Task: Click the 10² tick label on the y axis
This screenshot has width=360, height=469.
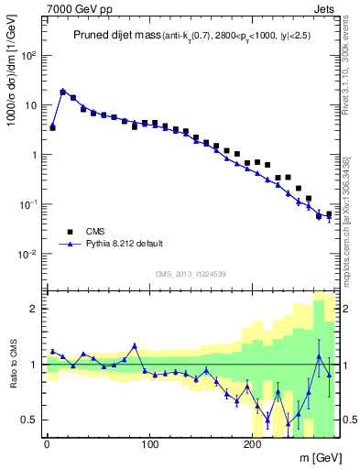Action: coord(28,55)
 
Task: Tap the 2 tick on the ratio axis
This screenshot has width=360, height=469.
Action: coord(34,309)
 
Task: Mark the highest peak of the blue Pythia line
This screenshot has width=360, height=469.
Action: coord(62,91)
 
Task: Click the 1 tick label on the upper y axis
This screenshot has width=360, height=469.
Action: coord(34,155)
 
